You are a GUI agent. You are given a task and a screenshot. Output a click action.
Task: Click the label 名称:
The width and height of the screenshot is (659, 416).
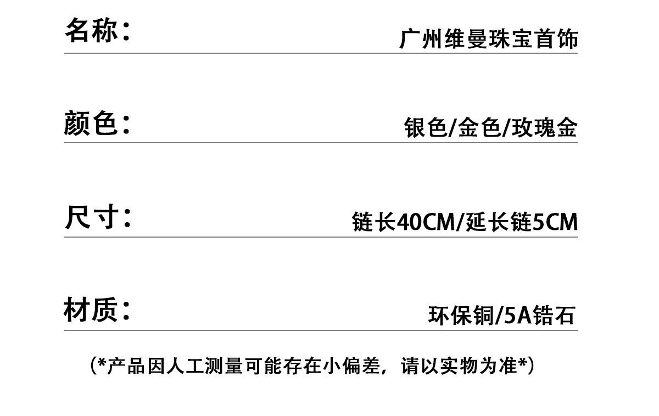97,30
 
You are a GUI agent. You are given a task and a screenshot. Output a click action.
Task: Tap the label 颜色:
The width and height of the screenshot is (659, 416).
97,123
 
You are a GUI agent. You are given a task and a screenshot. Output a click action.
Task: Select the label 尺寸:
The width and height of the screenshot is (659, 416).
98,217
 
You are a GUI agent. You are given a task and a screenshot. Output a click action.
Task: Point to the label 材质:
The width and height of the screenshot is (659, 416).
97,311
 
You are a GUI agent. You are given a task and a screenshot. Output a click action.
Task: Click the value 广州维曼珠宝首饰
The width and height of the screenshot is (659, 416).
489,40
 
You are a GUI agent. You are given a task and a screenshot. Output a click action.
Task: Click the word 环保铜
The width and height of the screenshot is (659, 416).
461,316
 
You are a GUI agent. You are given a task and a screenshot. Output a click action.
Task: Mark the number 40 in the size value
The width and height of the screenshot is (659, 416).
407,222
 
